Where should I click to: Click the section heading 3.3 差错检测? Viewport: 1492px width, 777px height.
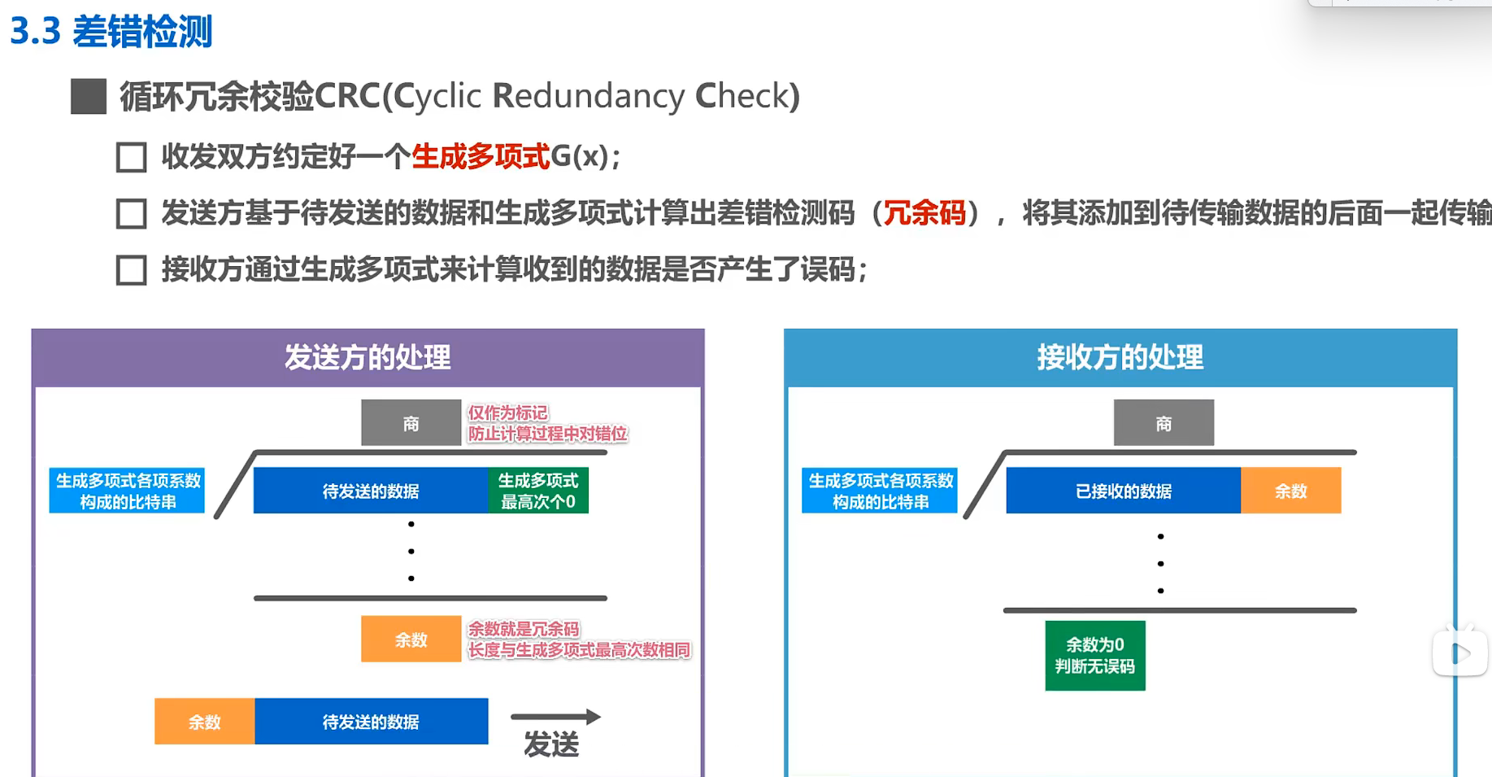111,33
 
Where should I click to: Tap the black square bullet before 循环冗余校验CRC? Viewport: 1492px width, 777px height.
89,96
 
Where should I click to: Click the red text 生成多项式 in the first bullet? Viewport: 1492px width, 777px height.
481,156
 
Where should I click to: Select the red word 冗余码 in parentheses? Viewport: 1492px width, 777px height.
924,213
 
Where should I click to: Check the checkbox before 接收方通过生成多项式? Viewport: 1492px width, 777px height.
131,270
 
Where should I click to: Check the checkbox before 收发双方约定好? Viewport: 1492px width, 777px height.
131,157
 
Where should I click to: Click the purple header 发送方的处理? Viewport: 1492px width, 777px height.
368,358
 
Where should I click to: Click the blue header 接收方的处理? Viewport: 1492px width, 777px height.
1120,358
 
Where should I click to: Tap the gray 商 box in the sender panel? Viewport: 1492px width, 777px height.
411,423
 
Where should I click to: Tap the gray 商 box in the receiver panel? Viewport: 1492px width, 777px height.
1164,423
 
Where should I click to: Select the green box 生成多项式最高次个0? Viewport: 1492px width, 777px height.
537,491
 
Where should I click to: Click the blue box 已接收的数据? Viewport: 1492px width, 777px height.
1123,491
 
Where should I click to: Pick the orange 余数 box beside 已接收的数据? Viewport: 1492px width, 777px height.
1290,491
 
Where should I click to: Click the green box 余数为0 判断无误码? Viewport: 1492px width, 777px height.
1094,656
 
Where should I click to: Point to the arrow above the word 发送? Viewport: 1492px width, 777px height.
555,717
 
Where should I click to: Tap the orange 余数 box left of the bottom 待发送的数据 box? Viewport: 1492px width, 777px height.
204,722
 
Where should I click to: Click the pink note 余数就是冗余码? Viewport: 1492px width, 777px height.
523,629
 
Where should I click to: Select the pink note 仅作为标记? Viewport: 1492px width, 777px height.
507,413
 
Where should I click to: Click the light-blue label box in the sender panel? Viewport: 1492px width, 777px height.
127,491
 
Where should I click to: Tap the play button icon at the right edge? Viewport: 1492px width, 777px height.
1460,653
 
